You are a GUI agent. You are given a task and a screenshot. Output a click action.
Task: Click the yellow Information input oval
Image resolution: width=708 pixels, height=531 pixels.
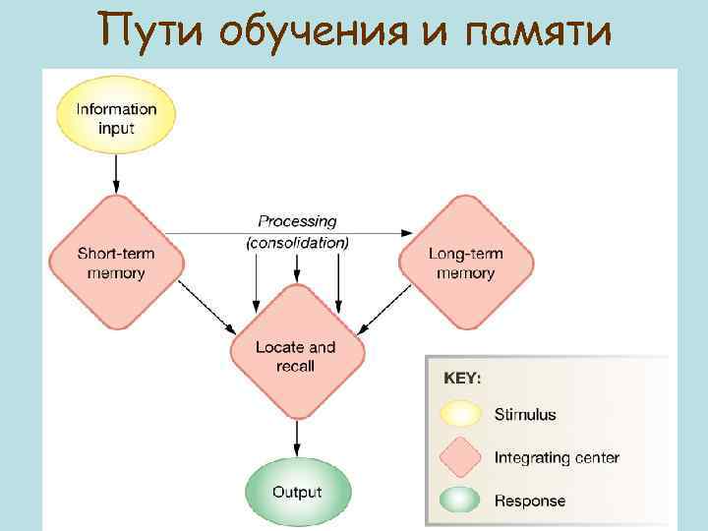[116, 116]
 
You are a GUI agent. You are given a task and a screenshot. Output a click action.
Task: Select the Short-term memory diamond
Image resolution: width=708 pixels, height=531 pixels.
[116, 263]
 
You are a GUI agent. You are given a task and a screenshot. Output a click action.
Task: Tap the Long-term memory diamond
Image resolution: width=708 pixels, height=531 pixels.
[466, 263]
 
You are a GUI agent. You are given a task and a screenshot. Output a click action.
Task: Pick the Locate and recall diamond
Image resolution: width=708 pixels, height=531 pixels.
[296, 355]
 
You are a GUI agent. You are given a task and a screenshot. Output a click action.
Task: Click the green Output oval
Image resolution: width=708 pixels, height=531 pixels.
[297, 492]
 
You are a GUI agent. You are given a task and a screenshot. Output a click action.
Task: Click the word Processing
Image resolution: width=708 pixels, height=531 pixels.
[297, 221]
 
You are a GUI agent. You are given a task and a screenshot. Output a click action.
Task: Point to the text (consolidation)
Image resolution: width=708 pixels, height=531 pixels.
[297, 242]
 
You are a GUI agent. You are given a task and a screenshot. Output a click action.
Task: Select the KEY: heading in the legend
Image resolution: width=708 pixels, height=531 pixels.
[463, 378]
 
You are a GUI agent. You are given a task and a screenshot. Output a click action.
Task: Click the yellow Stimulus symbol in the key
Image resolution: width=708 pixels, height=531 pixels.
[460, 414]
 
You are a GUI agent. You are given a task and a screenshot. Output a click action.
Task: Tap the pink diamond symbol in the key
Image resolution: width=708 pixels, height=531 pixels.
[460, 457]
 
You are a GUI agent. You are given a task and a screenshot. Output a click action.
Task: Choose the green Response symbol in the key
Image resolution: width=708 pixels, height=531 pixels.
[460, 501]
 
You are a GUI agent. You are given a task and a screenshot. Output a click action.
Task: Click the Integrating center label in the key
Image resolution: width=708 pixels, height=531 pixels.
[557, 457]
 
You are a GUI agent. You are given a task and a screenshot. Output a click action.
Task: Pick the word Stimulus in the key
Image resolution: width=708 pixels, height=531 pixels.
[525, 414]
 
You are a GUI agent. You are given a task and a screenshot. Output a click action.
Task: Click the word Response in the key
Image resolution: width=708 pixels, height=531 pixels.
[530, 501]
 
